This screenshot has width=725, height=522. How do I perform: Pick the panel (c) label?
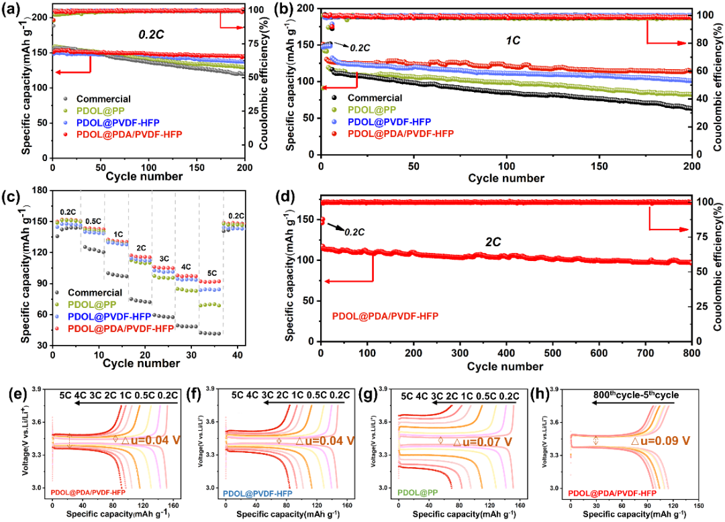(11, 198)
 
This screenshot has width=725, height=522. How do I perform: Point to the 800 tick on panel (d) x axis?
(691, 353)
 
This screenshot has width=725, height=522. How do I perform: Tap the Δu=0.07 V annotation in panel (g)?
(483, 442)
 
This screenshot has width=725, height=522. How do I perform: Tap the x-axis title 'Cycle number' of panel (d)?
(505, 366)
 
